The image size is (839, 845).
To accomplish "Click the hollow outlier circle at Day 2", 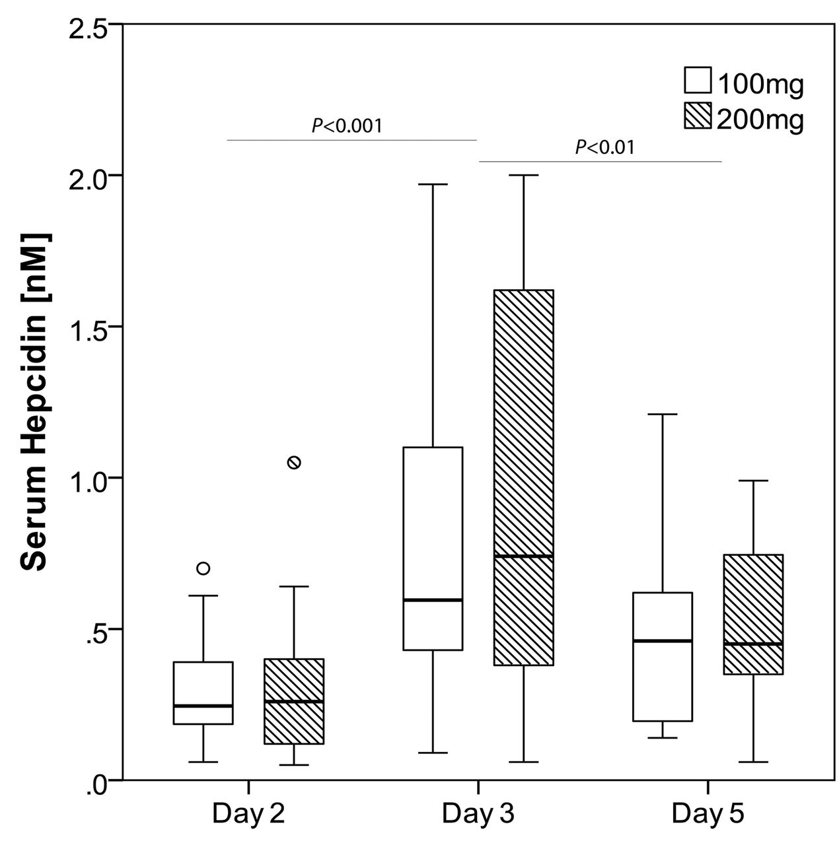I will click(203, 568).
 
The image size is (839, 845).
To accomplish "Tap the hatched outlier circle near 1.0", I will click(294, 462).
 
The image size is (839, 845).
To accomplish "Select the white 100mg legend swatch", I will click(698, 80).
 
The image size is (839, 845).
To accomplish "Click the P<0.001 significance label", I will click(347, 125).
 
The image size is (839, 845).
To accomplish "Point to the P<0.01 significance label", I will click(604, 147).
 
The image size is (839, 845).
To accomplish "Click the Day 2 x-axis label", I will click(248, 813).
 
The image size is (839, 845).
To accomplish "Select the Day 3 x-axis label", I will click(478, 813).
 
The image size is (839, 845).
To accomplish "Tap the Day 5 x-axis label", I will click(708, 813).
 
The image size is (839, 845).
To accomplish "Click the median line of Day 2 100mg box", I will click(203, 706).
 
